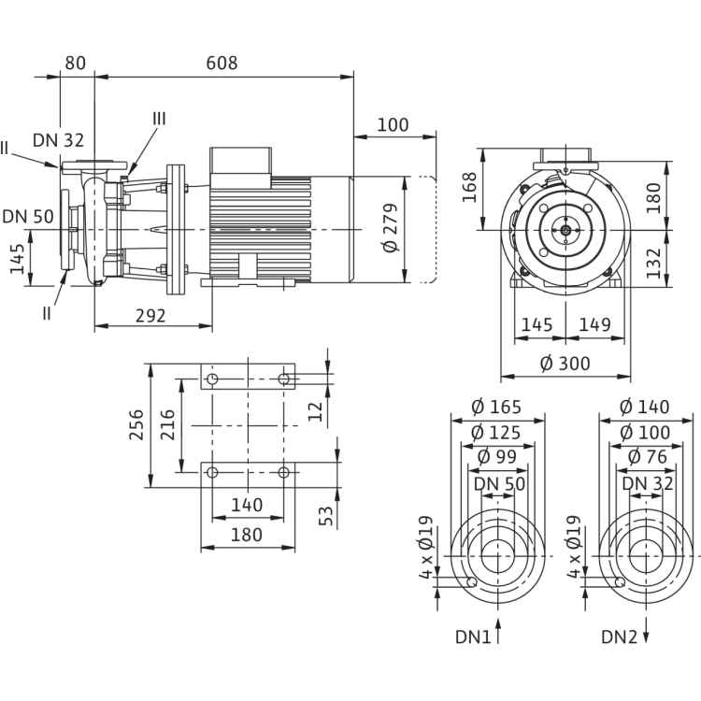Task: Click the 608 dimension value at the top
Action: [222, 64]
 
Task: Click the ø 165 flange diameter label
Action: [495, 407]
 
